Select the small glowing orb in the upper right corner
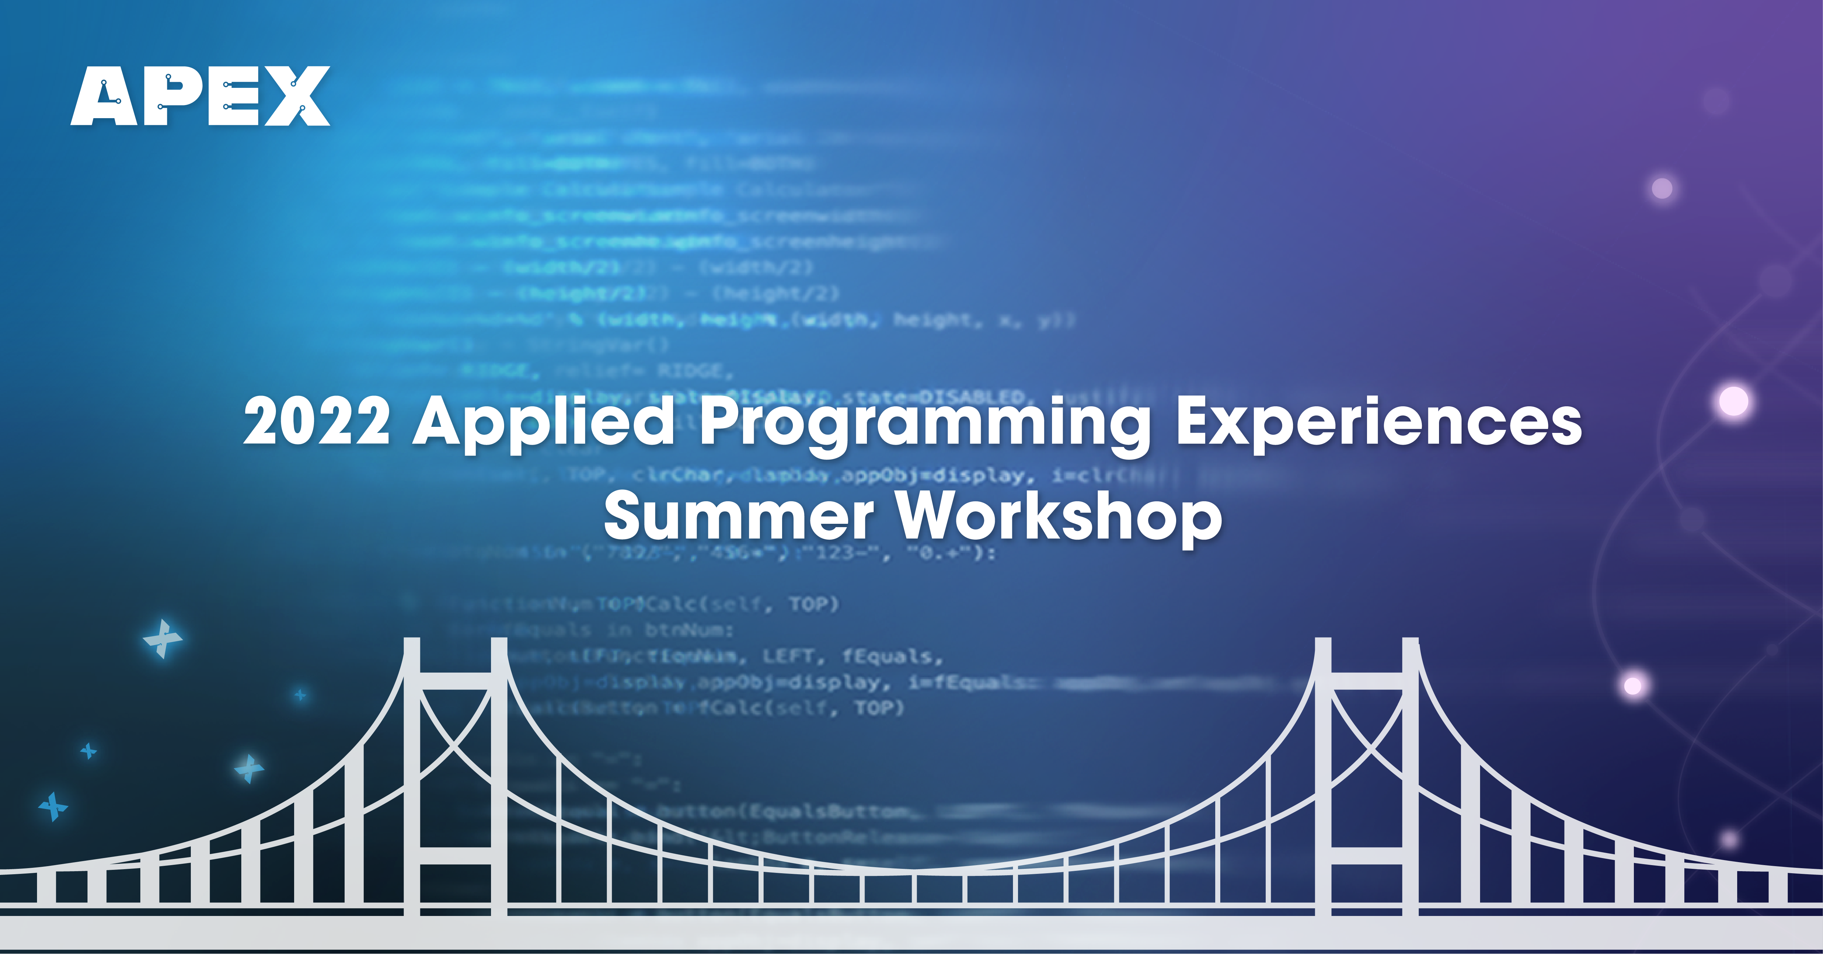coord(1662,188)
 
